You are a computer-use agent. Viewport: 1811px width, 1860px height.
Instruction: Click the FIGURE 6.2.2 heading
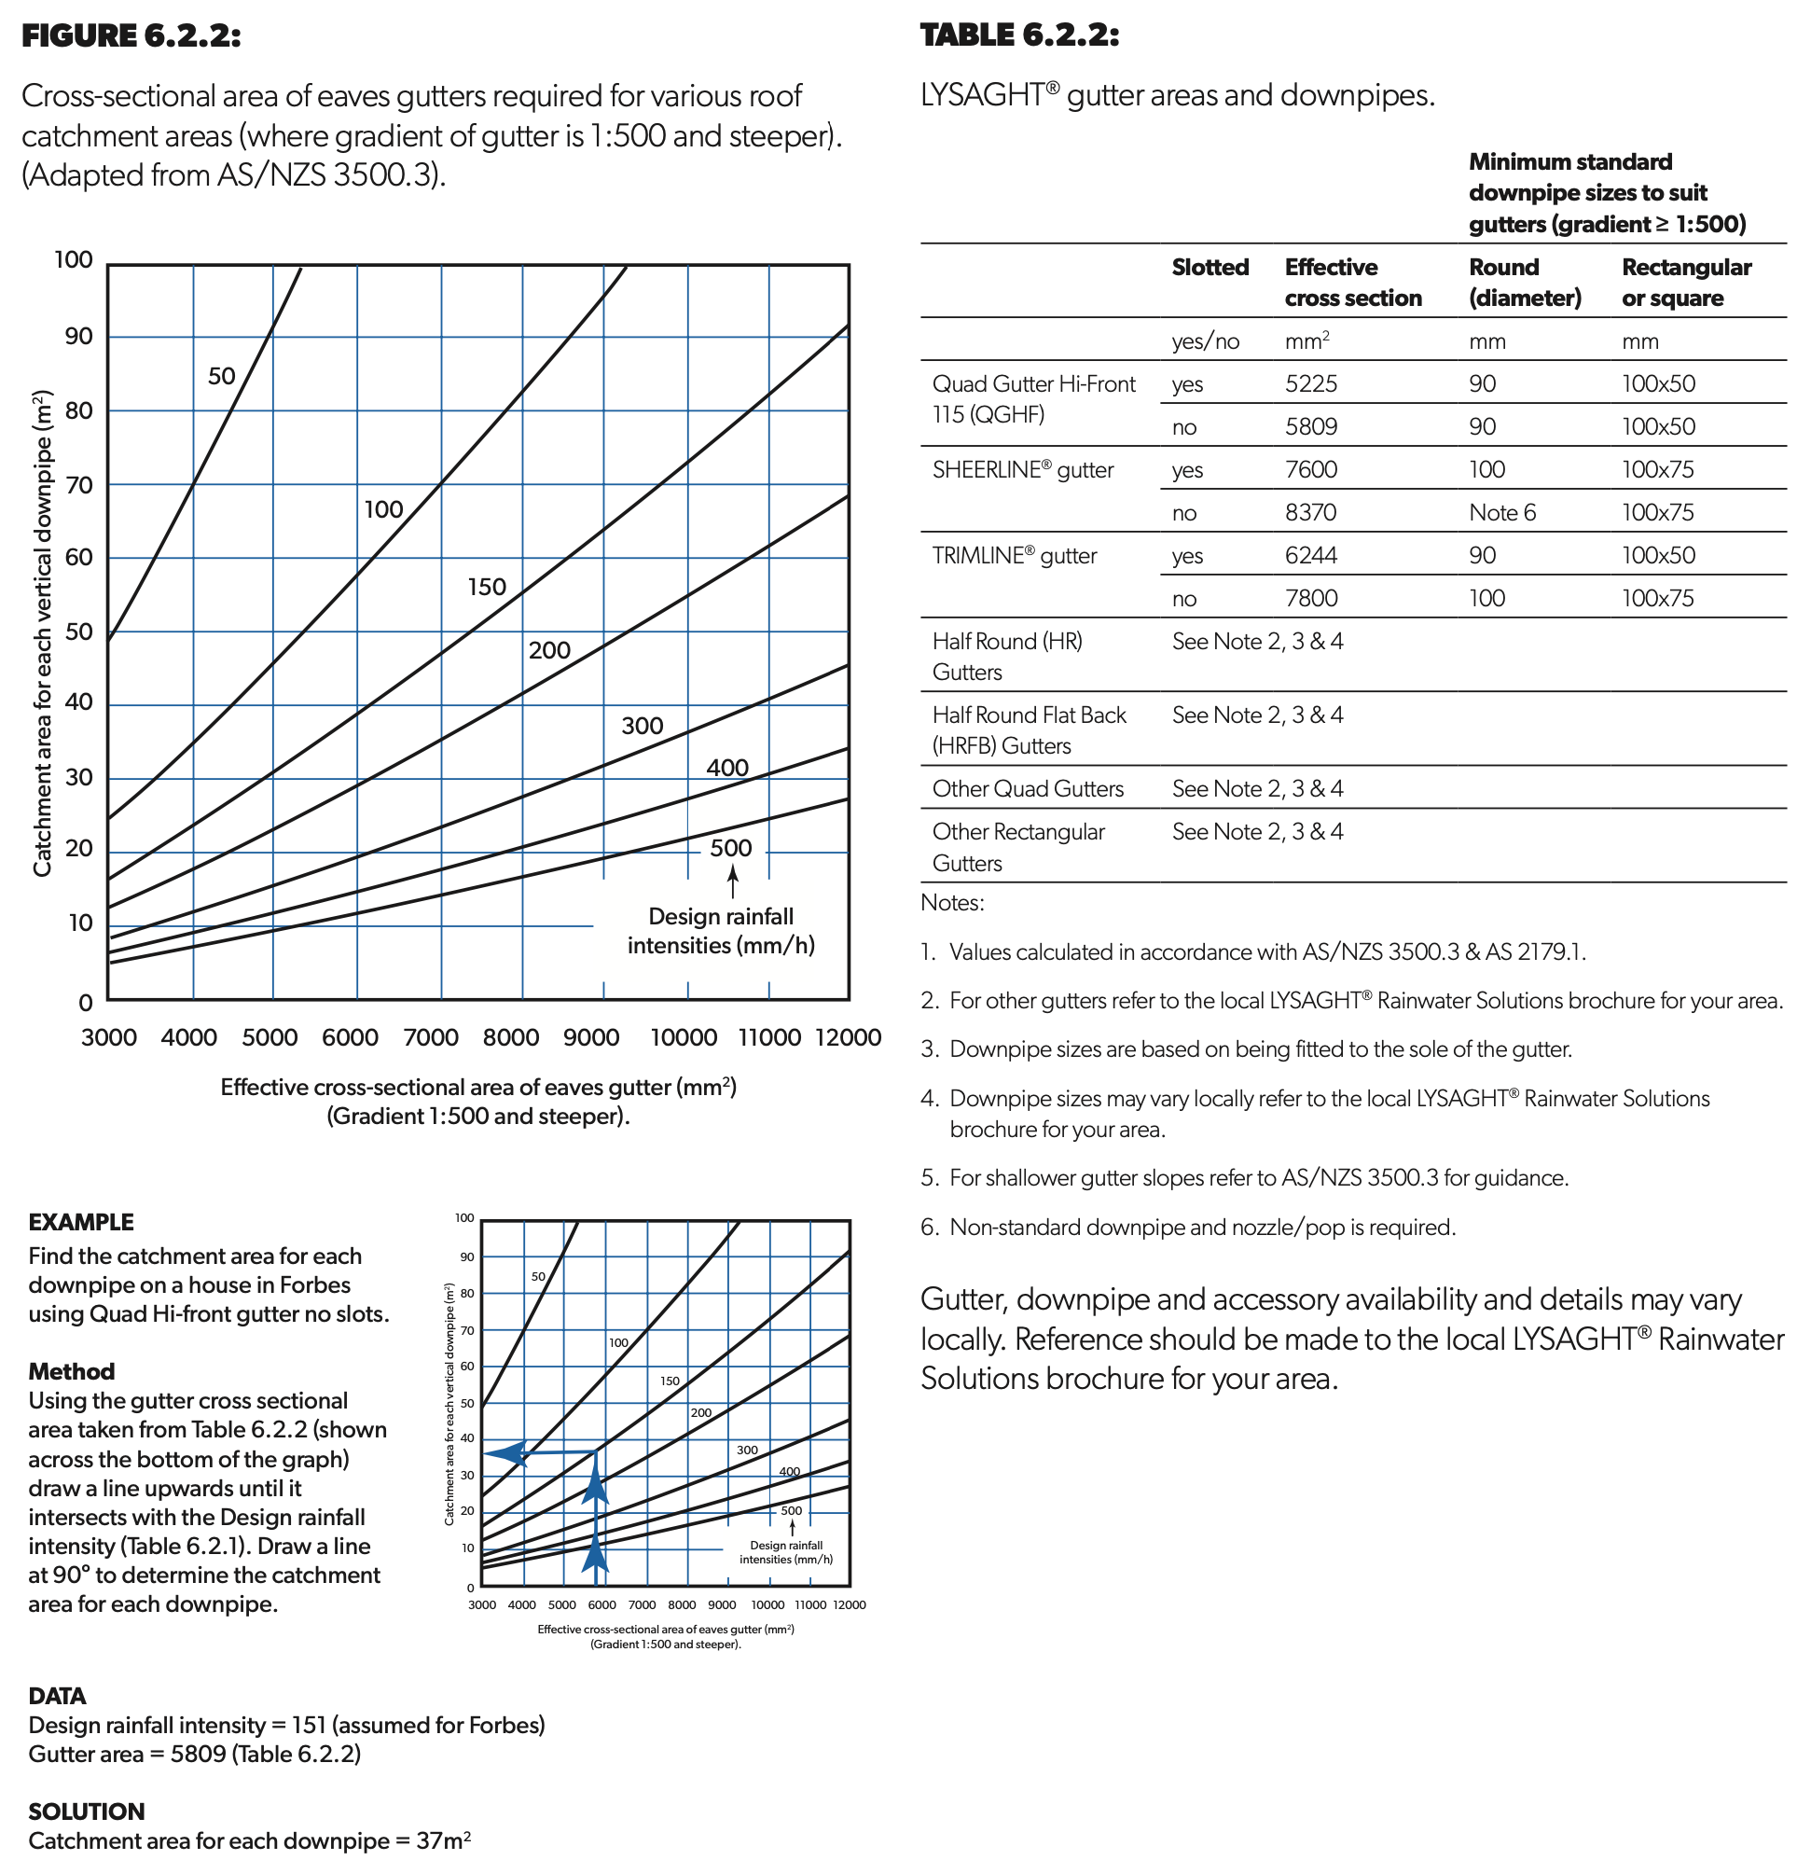point(131,36)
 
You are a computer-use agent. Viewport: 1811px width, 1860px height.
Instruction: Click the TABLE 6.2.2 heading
point(1018,35)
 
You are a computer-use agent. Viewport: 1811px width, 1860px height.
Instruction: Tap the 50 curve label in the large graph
point(222,376)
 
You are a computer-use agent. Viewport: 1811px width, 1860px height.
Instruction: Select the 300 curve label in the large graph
point(642,726)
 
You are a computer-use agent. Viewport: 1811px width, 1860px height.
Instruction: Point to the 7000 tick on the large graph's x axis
point(431,1037)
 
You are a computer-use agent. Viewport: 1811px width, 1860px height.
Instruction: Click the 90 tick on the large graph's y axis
point(78,336)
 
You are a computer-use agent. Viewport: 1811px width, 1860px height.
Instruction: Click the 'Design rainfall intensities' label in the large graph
point(720,931)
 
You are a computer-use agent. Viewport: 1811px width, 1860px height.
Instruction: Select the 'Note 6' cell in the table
point(1502,512)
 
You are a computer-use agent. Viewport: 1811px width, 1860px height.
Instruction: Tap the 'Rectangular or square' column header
point(1685,282)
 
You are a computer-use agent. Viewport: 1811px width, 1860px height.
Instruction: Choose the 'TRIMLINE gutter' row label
point(1014,556)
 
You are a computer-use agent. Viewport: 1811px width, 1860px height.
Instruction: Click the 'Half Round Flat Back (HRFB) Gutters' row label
point(1029,729)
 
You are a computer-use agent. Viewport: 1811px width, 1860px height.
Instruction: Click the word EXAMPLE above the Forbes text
point(81,1222)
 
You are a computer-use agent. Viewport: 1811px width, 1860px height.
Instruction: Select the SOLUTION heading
point(87,1811)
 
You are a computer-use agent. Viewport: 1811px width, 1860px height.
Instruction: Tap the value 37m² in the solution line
point(443,1840)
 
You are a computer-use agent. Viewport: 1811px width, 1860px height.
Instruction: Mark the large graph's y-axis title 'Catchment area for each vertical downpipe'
point(42,632)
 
